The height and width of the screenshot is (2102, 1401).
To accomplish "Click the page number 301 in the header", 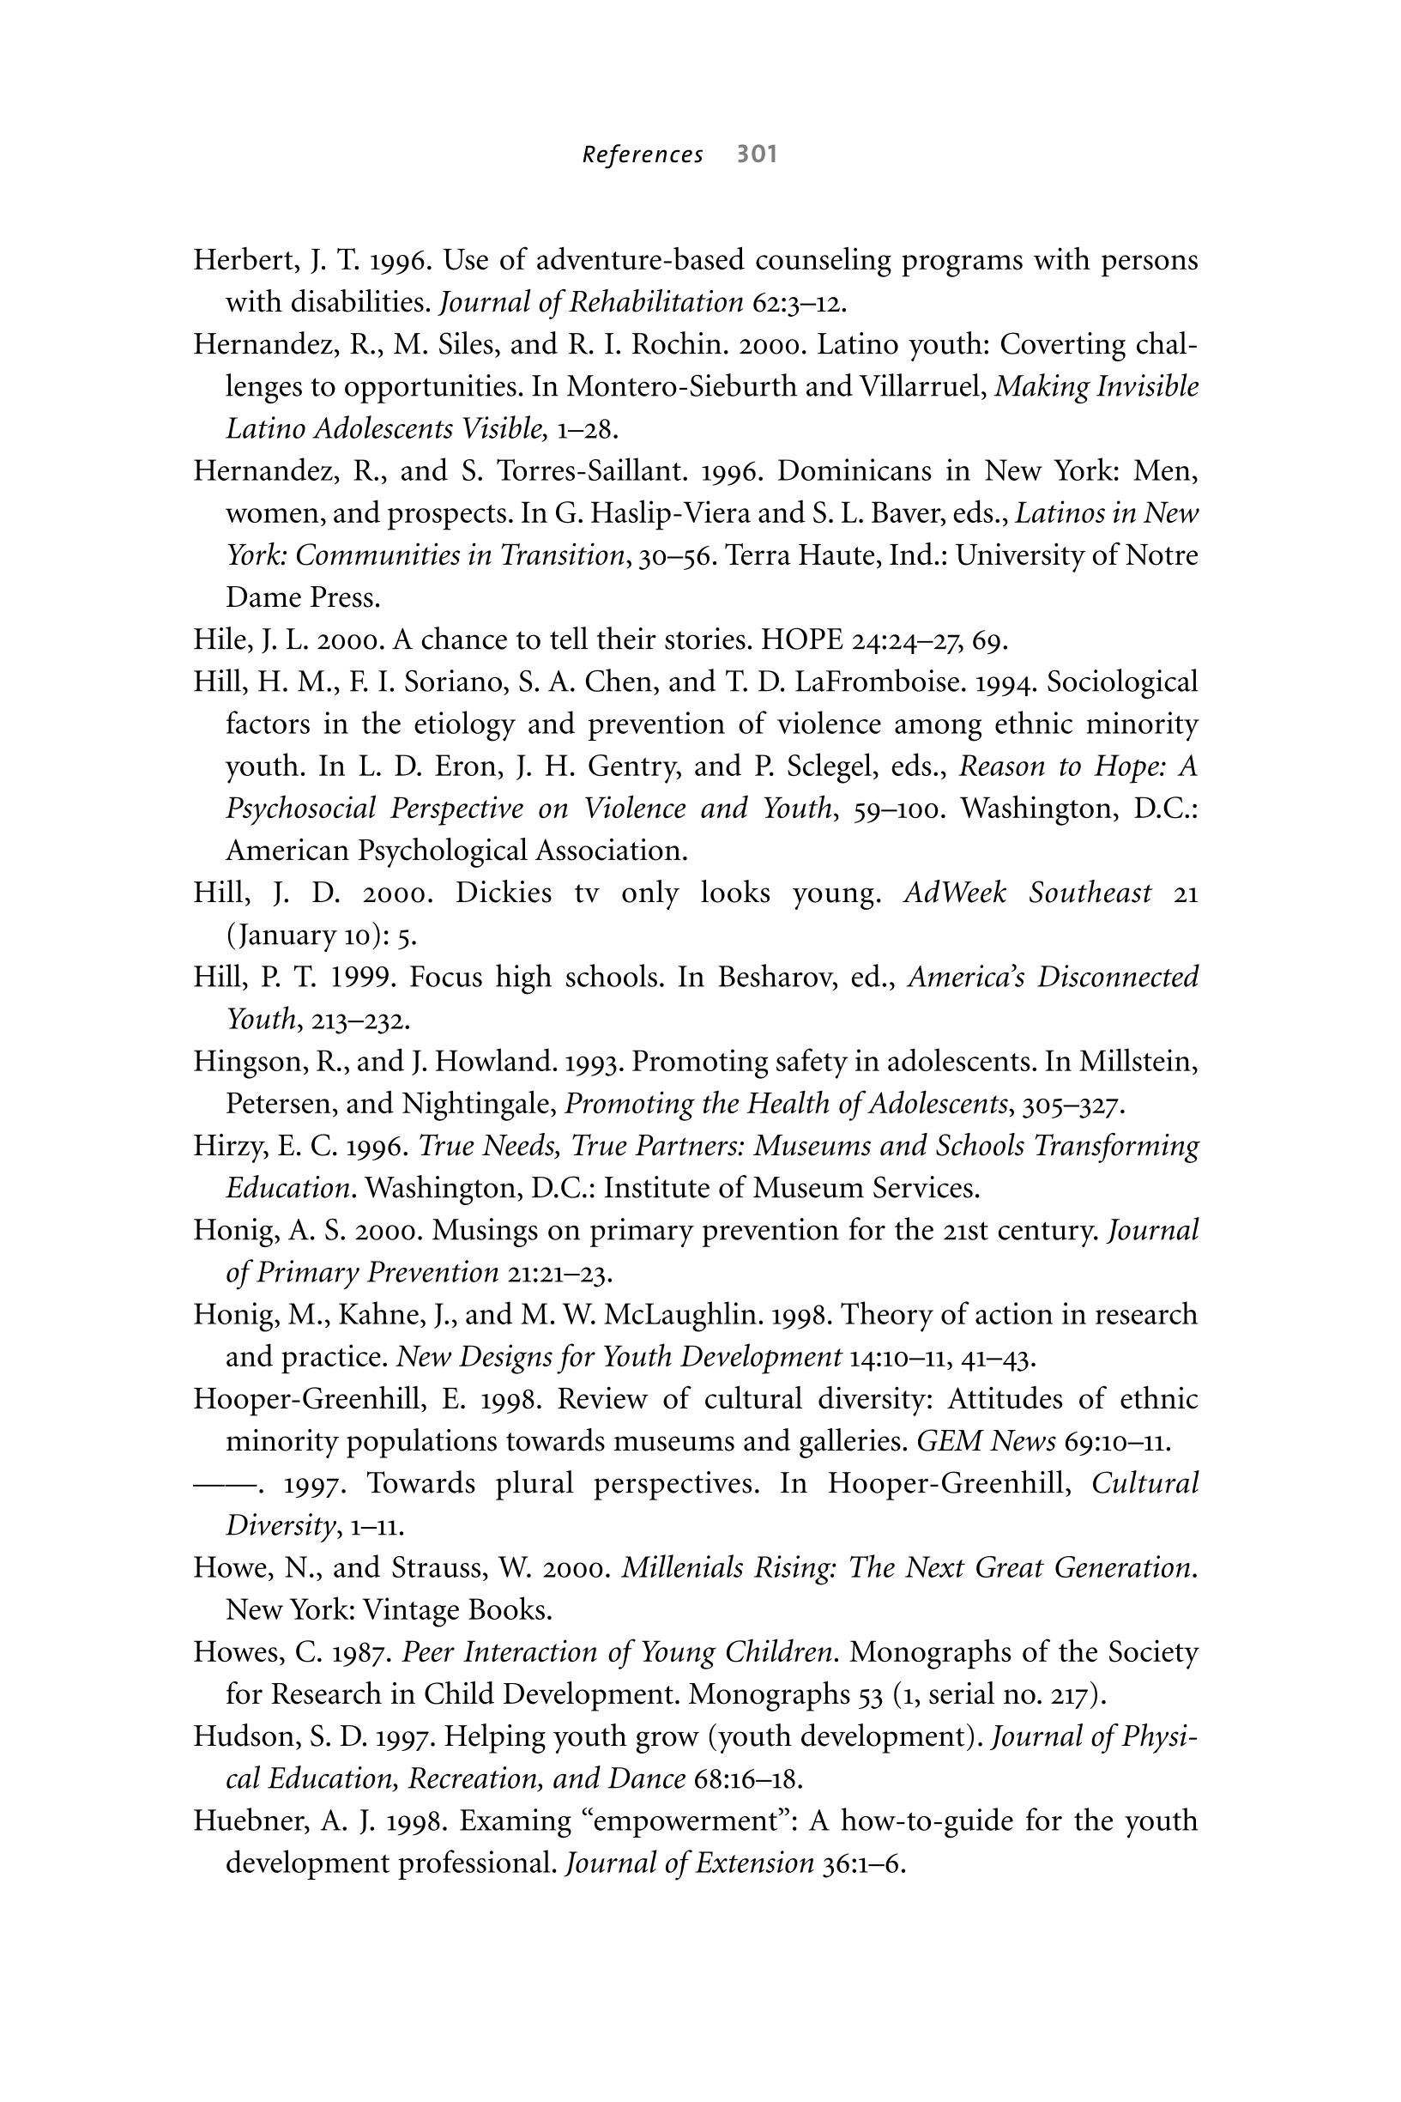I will (x=757, y=154).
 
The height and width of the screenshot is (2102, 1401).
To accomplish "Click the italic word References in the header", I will (x=643, y=155).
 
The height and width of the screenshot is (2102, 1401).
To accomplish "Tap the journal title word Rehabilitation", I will (x=655, y=303).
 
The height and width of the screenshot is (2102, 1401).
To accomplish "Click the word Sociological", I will (x=1121, y=681).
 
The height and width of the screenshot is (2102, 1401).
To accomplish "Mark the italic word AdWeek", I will (x=954, y=893).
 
